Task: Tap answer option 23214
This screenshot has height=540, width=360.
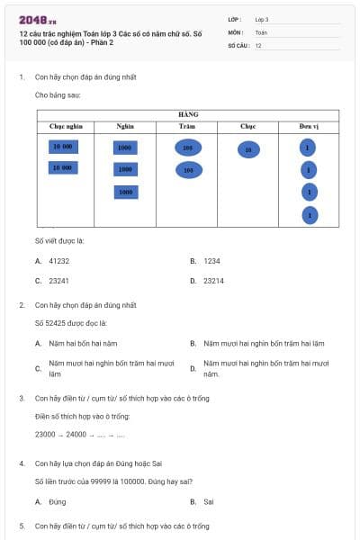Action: (x=213, y=281)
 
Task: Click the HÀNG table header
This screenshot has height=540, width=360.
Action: (x=189, y=115)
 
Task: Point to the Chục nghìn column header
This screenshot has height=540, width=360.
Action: (x=66, y=127)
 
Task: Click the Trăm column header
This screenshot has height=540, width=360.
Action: (x=187, y=127)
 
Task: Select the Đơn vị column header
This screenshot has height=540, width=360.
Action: (x=309, y=127)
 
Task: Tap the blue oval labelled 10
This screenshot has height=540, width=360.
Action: (x=248, y=150)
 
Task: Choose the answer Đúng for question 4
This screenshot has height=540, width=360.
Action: (x=58, y=501)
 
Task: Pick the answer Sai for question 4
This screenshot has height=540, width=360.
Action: (x=208, y=501)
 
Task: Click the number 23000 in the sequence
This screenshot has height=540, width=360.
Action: (x=46, y=434)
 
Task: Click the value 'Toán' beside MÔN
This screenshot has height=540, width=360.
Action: (x=261, y=31)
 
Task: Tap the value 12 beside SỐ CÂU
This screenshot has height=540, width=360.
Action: (x=258, y=45)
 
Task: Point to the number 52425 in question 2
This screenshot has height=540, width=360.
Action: (x=54, y=322)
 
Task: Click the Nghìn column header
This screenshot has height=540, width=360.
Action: (x=125, y=127)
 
